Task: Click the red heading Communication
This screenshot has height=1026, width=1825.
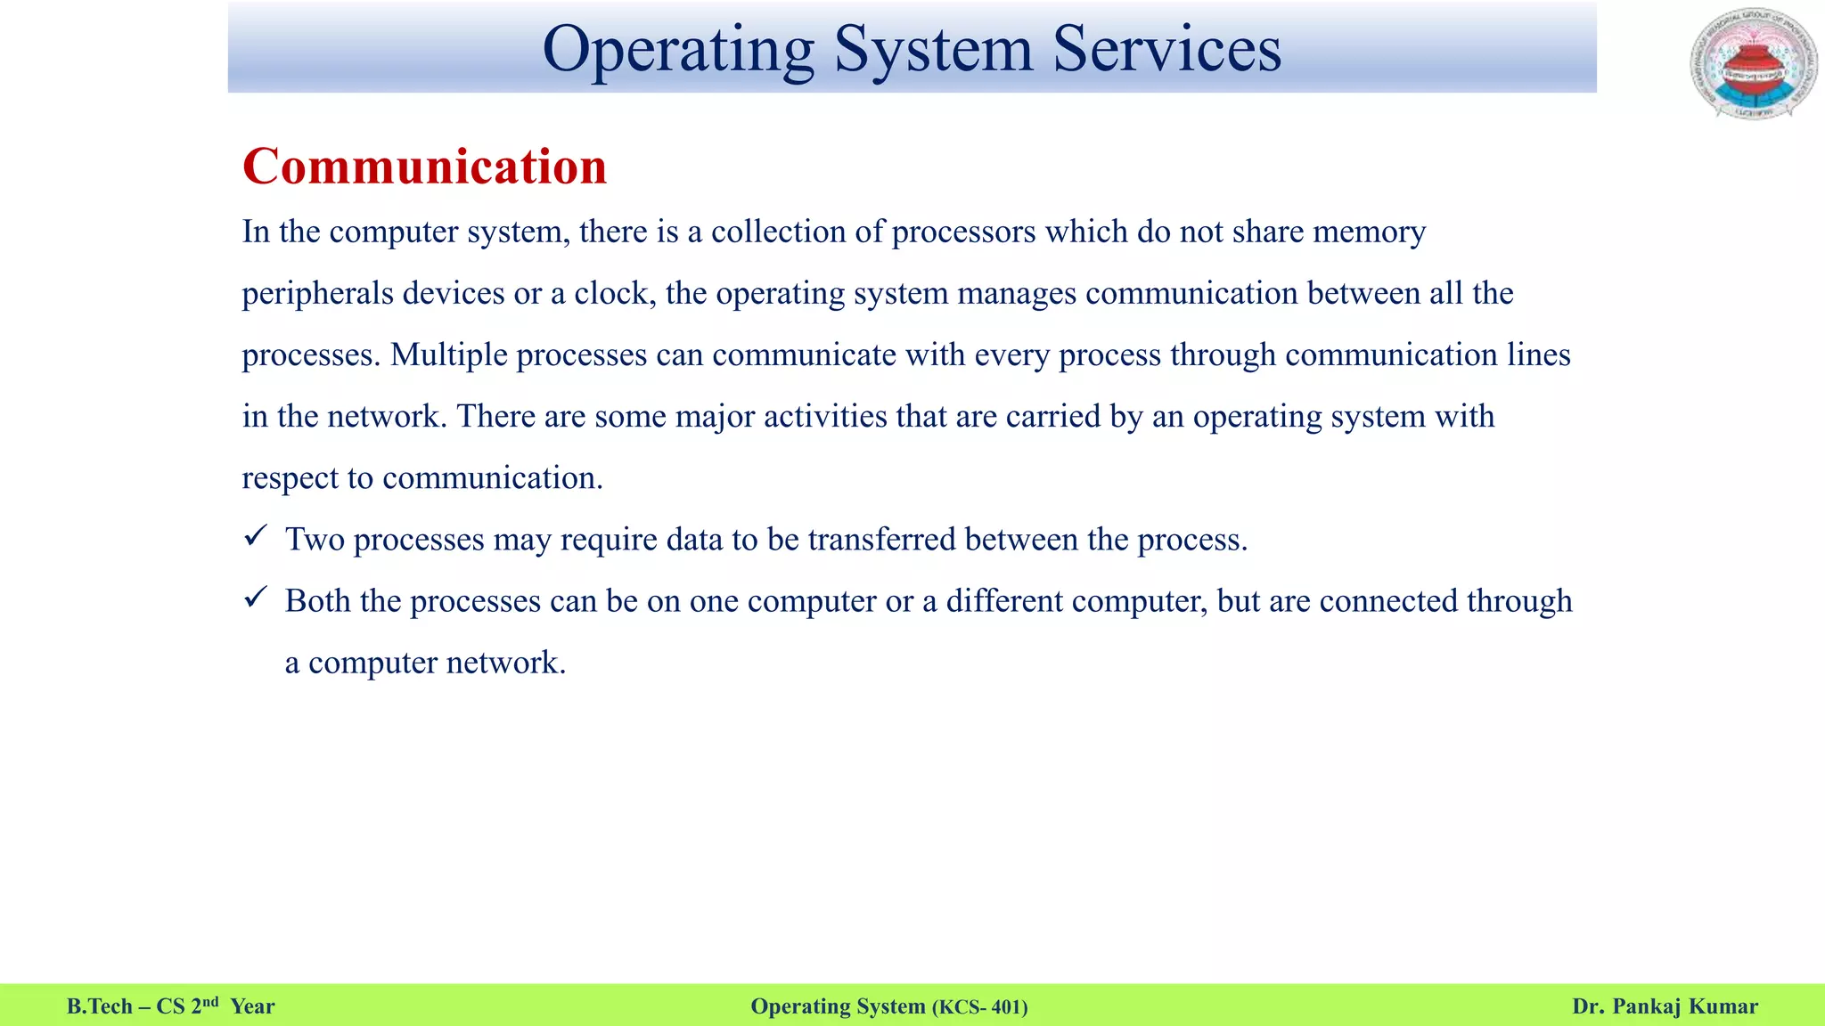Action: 424,167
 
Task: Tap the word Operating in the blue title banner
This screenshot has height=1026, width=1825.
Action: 678,50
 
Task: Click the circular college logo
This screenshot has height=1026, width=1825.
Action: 1754,64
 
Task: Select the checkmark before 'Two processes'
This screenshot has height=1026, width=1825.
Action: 256,536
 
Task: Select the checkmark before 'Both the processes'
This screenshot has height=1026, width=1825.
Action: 256,598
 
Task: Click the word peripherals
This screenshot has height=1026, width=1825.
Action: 318,294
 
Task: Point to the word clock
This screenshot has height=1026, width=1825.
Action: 610,293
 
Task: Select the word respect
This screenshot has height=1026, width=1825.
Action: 290,479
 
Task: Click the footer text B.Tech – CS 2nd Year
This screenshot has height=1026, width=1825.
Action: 171,1006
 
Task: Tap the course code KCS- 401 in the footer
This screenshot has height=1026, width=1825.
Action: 979,1007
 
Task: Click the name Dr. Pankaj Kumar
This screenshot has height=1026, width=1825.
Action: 1665,1006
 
